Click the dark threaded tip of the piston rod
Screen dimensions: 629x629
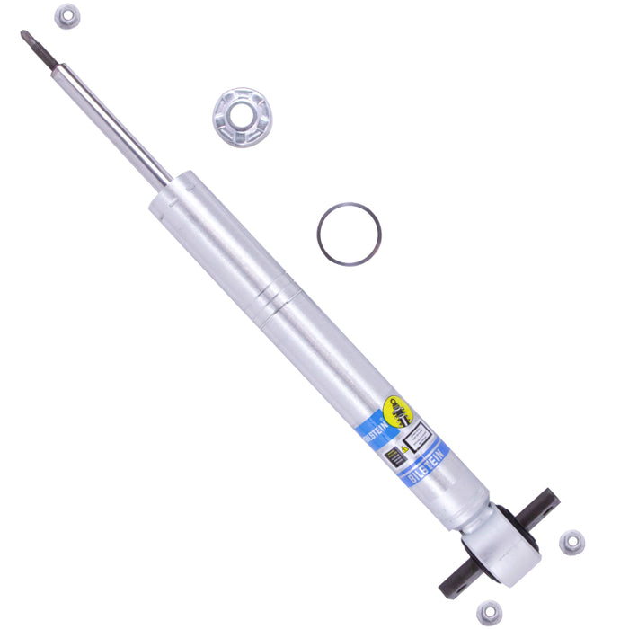(37, 47)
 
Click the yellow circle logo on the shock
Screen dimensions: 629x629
(398, 411)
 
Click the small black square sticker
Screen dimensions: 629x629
(393, 456)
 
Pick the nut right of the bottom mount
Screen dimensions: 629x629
(571, 542)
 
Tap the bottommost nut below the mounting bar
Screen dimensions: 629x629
(490, 613)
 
